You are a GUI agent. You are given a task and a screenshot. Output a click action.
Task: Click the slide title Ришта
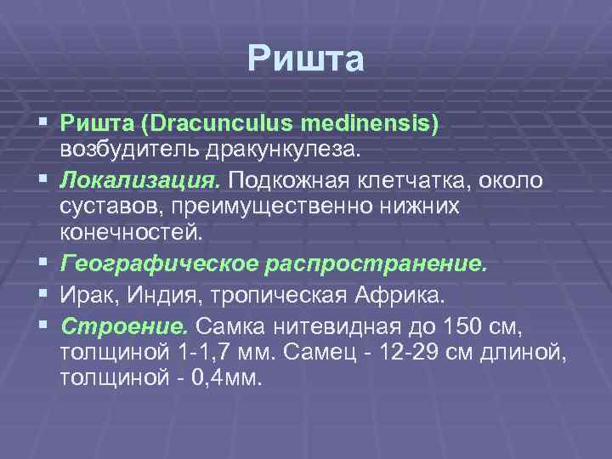(x=306, y=59)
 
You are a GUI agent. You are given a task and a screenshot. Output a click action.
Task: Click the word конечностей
(x=132, y=232)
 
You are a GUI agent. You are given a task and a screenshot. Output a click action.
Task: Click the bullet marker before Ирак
(x=42, y=295)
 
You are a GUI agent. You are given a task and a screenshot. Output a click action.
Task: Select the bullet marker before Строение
(x=42, y=326)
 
